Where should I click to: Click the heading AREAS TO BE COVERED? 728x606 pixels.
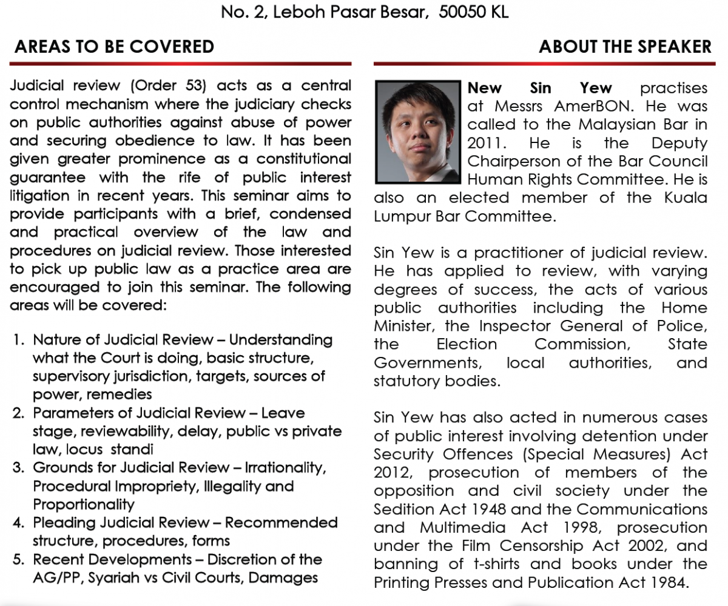[114, 47]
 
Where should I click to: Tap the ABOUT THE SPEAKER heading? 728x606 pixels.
[625, 47]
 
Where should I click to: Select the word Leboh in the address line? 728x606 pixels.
[298, 12]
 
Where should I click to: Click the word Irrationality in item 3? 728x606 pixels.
[286, 468]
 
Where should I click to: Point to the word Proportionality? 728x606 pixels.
[84, 504]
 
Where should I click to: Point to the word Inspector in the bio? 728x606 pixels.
[517, 326]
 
